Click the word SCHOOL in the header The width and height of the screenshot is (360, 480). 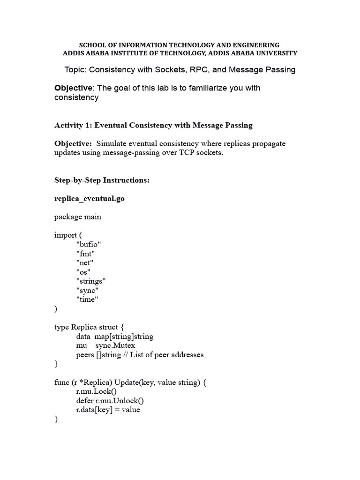coord(93,45)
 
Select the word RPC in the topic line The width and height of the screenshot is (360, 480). coord(202,70)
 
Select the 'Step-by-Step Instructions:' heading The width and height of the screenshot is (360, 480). coord(102,180)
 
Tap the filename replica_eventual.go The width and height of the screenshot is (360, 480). coord(90,199)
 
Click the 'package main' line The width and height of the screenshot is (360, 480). coord(78,217)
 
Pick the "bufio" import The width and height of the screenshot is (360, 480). coord(88,244)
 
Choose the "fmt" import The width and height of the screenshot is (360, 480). coord(85,254)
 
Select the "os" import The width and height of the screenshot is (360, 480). coord(83,272)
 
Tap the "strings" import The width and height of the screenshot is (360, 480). coord(91,281)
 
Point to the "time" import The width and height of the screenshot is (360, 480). coord(87,300)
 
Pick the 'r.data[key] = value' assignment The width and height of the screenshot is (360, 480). coord(108,410)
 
